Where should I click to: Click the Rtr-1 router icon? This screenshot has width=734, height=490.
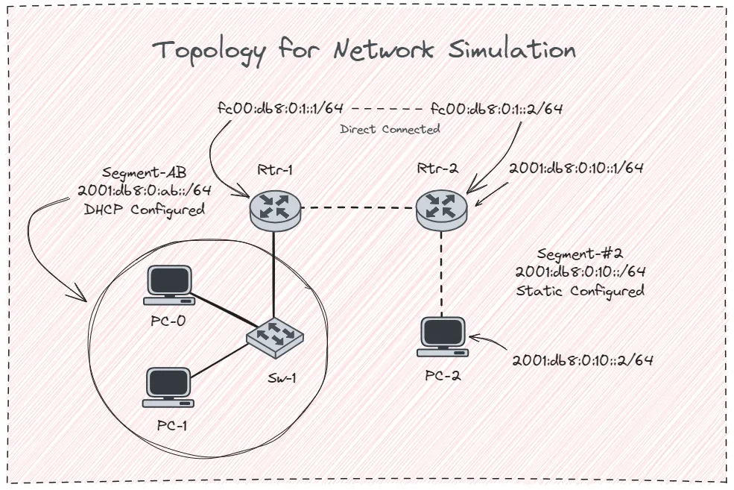(x=276, y=208)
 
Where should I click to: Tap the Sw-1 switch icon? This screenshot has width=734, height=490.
(x=276, y=336)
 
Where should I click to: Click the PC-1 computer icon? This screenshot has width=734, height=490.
(x=171, y=386)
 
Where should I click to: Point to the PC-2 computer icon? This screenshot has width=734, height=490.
(x=443, y=336)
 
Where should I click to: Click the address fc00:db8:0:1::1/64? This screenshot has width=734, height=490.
(x=281, y=107)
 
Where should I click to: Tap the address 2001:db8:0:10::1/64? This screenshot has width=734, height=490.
(x=576, y=168)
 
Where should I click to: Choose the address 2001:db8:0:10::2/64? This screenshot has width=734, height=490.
(x=583, y=360)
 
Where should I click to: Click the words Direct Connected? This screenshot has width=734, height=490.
(x=390, y=129)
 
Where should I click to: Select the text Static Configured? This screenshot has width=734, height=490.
(x=580, y=290)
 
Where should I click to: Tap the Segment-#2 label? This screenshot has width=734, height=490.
(x=580, y=254)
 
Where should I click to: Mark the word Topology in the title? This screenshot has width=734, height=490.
(x=209, y=51)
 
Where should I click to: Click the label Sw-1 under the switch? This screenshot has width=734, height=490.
(x=282, y=377)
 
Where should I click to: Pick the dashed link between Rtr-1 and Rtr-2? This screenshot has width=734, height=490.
(x=358, y=209)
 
